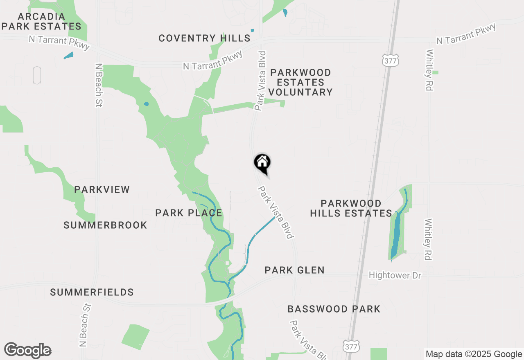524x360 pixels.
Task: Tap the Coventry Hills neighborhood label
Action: [204, 38]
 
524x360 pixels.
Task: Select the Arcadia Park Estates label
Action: [41, 22]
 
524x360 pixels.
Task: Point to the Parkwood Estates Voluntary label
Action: [300, 82]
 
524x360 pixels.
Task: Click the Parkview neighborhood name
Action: [102, 189]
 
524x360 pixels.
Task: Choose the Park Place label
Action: [189, 213]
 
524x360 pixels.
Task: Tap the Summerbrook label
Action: [105, 225]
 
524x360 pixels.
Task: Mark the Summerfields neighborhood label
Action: [92, 292]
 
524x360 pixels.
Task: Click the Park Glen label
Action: [294, 270]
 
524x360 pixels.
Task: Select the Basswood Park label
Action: [334, 309]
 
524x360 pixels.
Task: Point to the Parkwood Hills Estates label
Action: [351, 208]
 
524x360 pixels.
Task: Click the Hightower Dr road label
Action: [395, 275]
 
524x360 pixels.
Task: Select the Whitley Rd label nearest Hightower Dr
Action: [428, 239]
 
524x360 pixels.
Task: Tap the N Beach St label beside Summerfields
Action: [84, 325]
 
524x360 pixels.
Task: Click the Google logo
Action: [27, 350]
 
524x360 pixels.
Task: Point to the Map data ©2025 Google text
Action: [474, 354]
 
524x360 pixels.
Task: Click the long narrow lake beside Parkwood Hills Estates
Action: [396, 235]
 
